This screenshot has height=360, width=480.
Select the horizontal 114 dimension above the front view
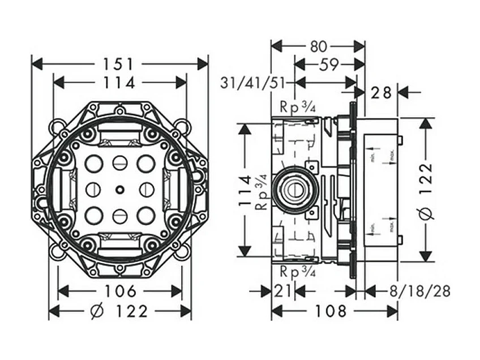click(x=119, y=83)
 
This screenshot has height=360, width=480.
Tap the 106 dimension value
click(x=121, y=291)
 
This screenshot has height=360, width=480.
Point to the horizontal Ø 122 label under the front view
click(x=120, y=311)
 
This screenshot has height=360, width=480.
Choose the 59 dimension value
click(x=325, y=65)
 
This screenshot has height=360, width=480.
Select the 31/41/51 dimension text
click(x=253, y=83)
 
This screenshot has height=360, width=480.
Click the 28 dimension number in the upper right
click(x=382, y=92)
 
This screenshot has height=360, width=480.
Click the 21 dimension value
click(x=284, y=291)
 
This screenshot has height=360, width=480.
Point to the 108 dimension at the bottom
click(x=331, y=311)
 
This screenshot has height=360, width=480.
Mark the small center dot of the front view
click(x=120, y=188)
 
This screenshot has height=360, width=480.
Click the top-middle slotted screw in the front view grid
click(x=120, y=163)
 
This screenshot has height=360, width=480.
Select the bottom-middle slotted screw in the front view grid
click(x=120, y=215)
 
